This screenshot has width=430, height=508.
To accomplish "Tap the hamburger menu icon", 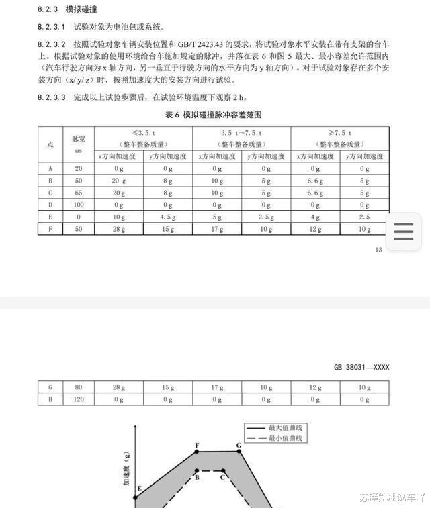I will pos(403,232).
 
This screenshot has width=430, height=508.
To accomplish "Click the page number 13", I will pos(379,250).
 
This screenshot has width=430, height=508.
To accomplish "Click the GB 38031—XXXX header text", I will pos(361,367).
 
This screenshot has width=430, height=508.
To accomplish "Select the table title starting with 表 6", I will pos(214,115).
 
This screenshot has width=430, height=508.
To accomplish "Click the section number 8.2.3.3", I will pos(52,97).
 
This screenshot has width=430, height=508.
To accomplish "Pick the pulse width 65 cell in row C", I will pos(79,193).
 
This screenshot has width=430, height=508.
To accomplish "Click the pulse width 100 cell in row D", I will pos(79,205).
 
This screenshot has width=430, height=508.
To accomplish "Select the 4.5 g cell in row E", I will pos(168,217).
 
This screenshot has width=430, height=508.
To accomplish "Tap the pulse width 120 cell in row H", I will pos(79,399).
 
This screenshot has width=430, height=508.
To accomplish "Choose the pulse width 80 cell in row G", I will pos(79,387).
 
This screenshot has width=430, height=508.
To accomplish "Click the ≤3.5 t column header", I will pos(143,133).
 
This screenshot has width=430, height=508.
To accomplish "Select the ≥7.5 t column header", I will pos(340,133).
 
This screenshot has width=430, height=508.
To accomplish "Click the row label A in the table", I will pos(50,168).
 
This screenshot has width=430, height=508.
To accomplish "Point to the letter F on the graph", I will pos(197,445).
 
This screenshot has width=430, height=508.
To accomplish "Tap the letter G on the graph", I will pos(239,445).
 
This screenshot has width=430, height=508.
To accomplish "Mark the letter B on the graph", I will pos(197,477).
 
